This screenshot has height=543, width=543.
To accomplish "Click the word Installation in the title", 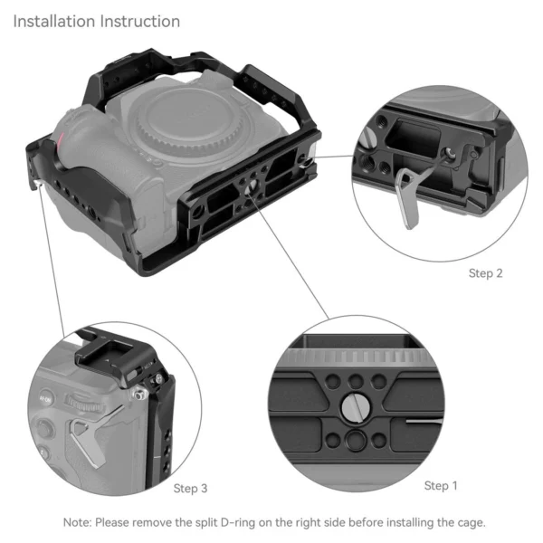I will pos(53,21).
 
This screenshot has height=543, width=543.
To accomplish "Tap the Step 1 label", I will pos(441,486).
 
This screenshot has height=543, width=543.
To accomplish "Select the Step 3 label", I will pos(190,489).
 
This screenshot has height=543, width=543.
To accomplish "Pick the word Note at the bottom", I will pos(76,522).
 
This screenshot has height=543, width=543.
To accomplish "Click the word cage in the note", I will pos(468,522).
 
